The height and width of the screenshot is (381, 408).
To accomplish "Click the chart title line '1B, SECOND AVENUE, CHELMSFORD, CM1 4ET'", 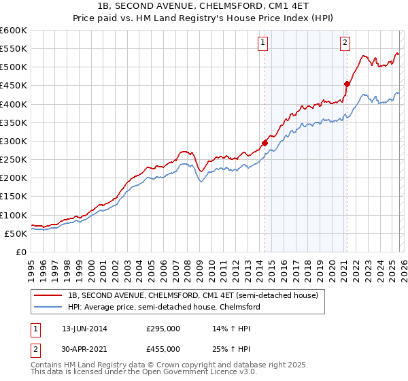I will pos(204,7).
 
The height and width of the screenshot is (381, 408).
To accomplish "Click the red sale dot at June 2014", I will pos(265,143).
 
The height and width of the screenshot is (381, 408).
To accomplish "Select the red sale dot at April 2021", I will pos(347,84).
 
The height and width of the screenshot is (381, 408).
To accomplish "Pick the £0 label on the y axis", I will pos(20,252).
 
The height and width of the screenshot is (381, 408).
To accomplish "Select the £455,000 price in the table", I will pos(163,348).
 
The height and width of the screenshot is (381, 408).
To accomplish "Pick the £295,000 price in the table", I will pos(163,329).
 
